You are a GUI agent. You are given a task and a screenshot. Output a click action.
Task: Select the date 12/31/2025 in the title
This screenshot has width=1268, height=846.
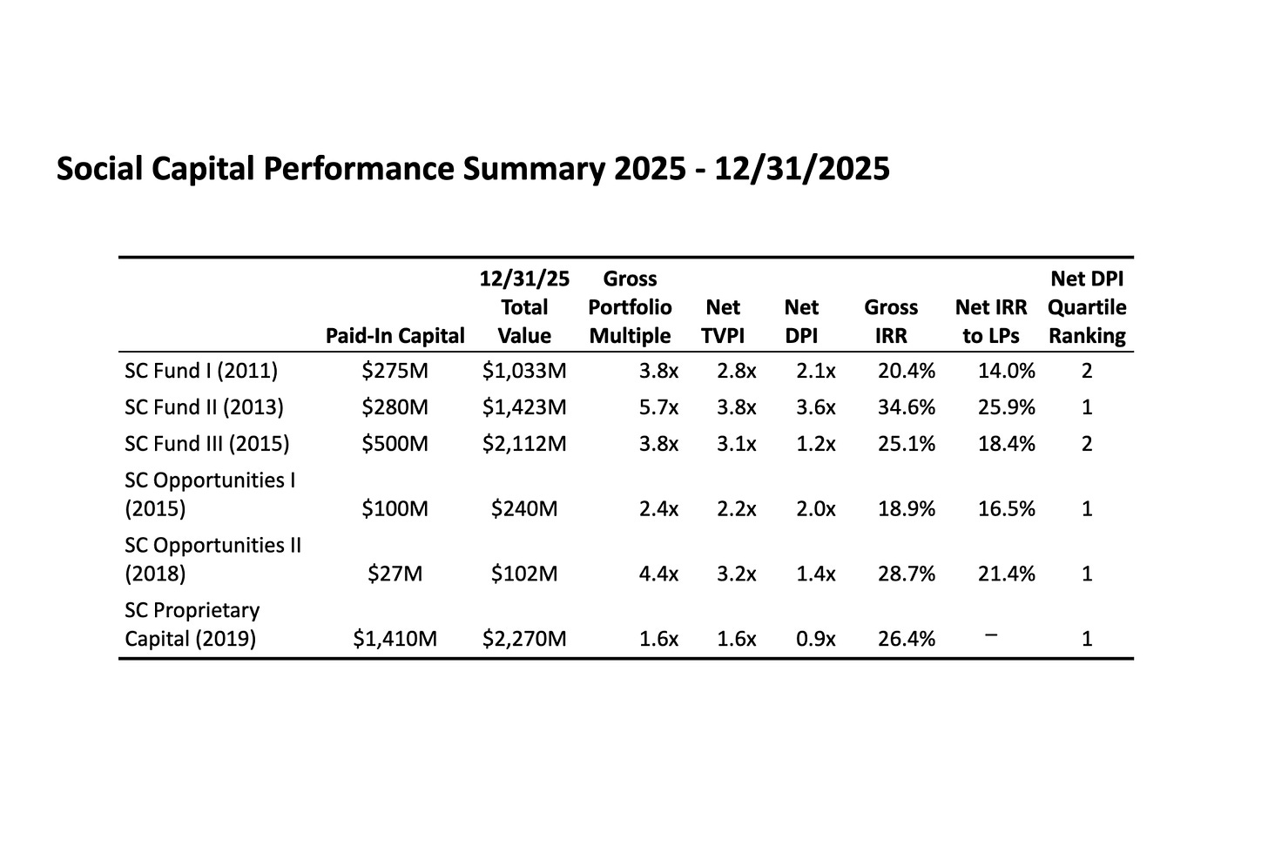pyautogui.click(x=802, y=168)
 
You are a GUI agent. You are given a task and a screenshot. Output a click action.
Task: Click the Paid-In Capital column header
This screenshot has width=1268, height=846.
pyautogui.click(x=395, y=336)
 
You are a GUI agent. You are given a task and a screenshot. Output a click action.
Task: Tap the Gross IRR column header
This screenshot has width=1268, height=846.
pyautogui.click(x=891, y=321)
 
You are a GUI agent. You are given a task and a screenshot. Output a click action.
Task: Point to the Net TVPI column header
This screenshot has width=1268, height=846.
pyautogui.click(x=723, y=321)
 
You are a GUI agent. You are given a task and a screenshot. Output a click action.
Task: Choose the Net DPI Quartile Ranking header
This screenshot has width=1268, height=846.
pyautogui.click(x=1087, y=307)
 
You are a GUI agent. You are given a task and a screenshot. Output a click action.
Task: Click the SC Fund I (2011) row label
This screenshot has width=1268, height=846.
pyautogui.click(x=201, y=371)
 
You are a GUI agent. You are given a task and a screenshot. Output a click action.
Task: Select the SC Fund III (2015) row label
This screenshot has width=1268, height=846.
pyautogui.click(x=207, y=444)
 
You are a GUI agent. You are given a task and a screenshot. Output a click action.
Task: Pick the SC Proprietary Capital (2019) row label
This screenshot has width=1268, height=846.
pyautogui.click(x=192, y=625)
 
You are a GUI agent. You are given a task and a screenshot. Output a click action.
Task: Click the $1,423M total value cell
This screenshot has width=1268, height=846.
pyautogui.click(x=524, y=407)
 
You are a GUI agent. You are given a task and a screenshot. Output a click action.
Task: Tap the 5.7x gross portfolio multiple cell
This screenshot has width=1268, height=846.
pyautogui.click(x=658, y=407)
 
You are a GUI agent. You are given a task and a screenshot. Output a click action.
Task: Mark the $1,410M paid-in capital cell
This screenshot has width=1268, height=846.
pyautogui.click(x=395, y=639)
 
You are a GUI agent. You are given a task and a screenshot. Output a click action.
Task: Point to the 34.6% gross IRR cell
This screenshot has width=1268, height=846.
pyautogui.click(x=906, y=407)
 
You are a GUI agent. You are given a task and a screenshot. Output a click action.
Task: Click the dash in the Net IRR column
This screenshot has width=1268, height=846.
pyautogui.click(x=991, y=635)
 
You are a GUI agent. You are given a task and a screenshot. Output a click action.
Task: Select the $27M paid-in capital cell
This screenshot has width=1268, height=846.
pyautogui.click(x=395, y=574)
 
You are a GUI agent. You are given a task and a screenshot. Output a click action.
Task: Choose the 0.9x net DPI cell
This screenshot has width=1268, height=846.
pyautogui.click(x=816, y=639)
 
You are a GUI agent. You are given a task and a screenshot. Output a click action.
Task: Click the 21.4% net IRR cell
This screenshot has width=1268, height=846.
pyautogui.click(x=1006, y=574)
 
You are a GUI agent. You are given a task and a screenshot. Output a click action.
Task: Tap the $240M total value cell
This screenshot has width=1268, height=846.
pyautogui.click(x=524, y=508)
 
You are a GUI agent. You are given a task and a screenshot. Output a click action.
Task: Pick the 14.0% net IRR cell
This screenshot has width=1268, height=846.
pyautogui.click(x=1006, y=371)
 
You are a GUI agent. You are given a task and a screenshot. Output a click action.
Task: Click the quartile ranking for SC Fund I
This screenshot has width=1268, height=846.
pyautogui.click(x=1087, y=371)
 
